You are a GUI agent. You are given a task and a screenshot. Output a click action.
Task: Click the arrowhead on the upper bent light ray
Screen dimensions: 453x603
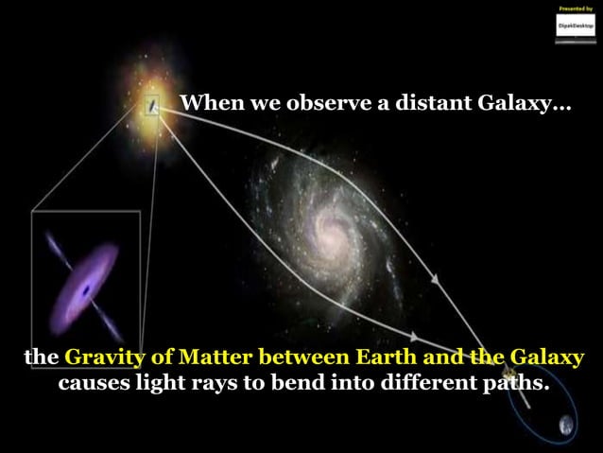coord(435,280)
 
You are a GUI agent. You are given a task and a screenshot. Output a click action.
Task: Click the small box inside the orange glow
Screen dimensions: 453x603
coord(152,109)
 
